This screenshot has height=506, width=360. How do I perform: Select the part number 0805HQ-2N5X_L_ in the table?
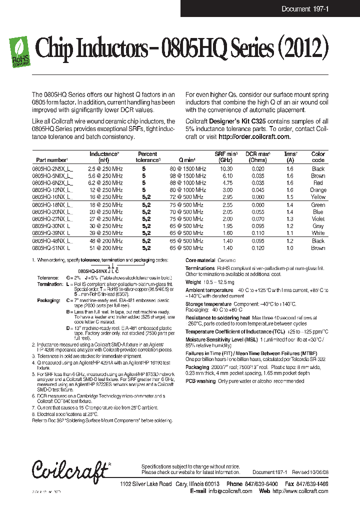coord(52,169)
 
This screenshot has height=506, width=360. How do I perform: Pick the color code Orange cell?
coord(318,190)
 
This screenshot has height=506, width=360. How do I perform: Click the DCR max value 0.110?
coord(258,233)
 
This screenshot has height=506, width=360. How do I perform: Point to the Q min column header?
coord(187,160)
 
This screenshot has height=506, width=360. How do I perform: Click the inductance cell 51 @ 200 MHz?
coord(105,247)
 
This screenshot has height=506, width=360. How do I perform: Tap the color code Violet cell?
coord(318,218)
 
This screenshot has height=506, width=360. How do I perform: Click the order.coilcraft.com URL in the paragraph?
coord(254,136)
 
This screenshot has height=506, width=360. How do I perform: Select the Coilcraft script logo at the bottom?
coord(70,470)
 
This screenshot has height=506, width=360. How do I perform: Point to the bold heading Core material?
coord(200,260)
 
